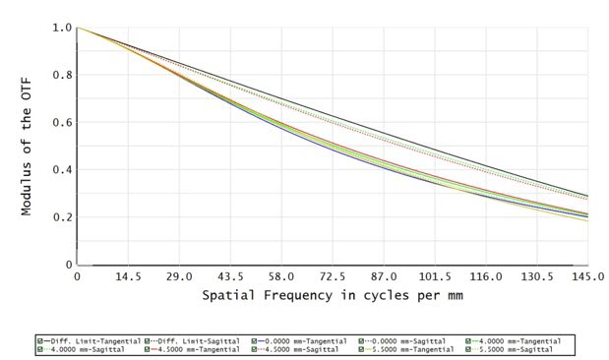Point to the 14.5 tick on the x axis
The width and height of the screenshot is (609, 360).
point(128,278)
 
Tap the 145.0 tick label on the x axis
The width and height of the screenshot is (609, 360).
point(588,278)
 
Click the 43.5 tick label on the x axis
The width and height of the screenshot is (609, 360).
point(230,278)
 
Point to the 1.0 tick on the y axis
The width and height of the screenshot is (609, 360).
point(62,29)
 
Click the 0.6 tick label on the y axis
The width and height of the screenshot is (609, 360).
point(62,123)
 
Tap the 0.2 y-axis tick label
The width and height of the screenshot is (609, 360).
point(62,217)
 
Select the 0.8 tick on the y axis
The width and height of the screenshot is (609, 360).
point(62,76)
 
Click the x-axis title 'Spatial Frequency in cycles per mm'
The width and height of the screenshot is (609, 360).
point(333,295)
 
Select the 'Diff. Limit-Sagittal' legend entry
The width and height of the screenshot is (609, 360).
point(198,340)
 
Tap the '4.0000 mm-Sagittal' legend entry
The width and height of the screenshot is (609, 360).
point(89,349)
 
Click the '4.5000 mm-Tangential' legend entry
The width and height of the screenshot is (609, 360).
point(196,349)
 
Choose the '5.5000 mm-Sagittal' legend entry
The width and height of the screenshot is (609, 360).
point(515,349)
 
